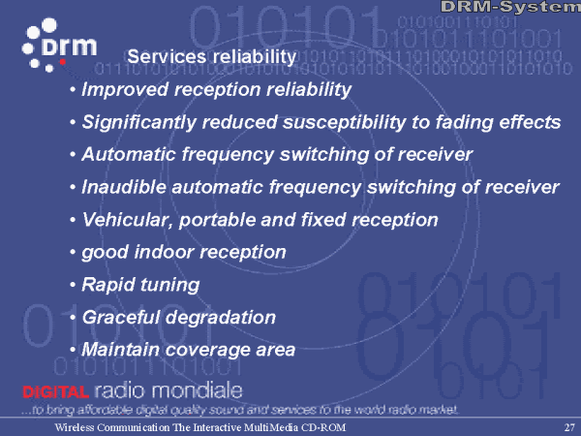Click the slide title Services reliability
tap(211, 57)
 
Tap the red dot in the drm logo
tap(63, 62)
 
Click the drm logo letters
tap(70, 46)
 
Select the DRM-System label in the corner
tap(510, 7)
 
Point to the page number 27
tap(569, 427)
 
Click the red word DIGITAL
tap(55, 391)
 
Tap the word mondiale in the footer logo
tap(198, 390)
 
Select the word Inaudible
tap(124, 186)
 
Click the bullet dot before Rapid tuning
tap(73, 285)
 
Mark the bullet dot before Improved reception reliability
tap(73, 89)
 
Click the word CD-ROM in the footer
tap(323, 427)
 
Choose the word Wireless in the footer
tap(75, 427)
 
